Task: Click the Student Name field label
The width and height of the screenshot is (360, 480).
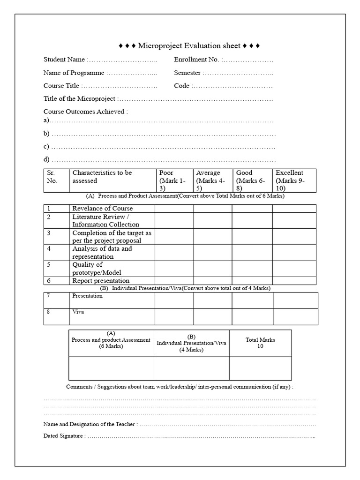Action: pos(65,60)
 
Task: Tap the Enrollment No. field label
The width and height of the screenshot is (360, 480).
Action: pos(197,60)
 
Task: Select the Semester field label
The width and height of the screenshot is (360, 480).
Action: pos(187,73)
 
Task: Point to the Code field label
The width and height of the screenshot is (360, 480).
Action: pos(182,86)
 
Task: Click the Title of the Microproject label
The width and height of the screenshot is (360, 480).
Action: pos(80,99)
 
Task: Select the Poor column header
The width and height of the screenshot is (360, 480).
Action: pos(166,173)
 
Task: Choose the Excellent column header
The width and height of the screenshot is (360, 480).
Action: pos(289,173)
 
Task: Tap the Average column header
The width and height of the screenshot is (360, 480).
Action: pos(208,173)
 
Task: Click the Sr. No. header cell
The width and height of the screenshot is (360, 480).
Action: pos(52,177)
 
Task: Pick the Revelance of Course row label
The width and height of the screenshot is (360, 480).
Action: pos(102,208)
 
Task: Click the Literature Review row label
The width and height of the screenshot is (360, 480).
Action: pos(105,220)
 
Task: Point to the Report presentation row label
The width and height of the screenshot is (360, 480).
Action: pos(101,281)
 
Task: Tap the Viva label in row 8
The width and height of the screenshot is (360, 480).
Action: pos(78,312)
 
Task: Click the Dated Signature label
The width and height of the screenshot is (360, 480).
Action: pos(64,436)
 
